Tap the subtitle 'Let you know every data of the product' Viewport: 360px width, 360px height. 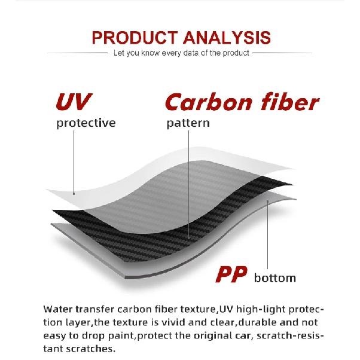181,53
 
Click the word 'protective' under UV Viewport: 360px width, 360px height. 86,123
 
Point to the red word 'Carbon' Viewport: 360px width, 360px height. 208,103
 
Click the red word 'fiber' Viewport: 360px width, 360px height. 288,103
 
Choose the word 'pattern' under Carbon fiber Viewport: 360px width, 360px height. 188,123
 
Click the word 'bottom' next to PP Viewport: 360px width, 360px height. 274,278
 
